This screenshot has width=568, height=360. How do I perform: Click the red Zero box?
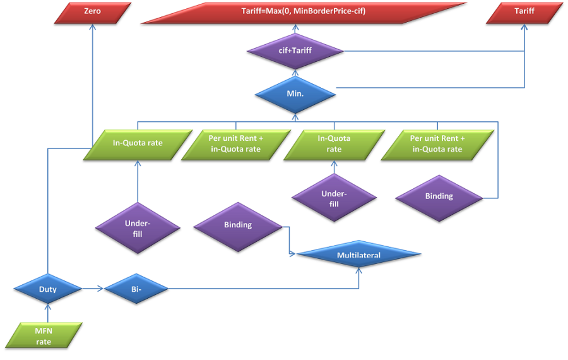point(93,12)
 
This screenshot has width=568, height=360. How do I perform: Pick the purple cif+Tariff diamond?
point(295,51)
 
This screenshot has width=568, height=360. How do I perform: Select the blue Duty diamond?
point(48,289)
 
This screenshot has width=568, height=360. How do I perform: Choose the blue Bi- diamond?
point(136,289)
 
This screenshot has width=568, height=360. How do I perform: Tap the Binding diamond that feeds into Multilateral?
point(238,225)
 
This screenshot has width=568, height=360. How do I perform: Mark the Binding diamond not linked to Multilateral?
point(439,196)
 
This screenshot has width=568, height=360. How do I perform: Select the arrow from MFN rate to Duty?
point(48,315)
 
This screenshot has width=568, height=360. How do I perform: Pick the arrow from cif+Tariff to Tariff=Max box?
point(295,30)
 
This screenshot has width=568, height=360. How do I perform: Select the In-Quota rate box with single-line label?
point(138,143)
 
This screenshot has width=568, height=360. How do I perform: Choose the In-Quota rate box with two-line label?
point(334,144)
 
